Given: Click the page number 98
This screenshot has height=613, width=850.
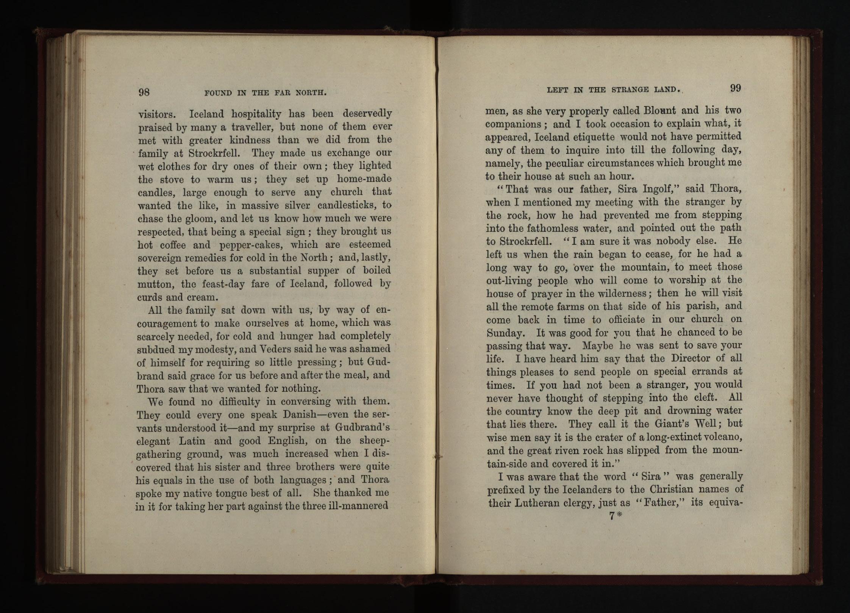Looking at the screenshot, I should pyautogui.click(x=144, y=92).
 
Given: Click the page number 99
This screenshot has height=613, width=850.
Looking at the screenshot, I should pyautogui.click(x=735, y=88).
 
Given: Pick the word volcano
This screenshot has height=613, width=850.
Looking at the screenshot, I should pyautogui.click(x=719, y=437).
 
